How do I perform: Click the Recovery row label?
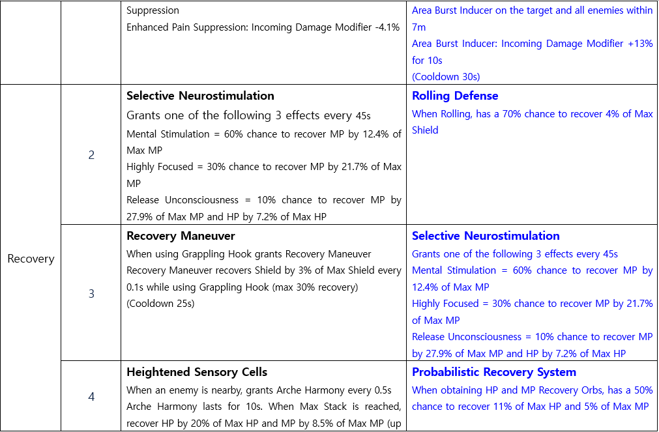[31, 259]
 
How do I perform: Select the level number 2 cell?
[91, 155]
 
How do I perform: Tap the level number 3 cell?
[91, 294]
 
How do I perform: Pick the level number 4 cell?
[91, 396]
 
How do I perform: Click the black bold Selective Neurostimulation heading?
[200, 96]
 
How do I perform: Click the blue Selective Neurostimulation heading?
[486, 236]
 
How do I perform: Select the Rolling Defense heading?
[455, 96]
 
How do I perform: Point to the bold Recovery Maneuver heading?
[181, 236]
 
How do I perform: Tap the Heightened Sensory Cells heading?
[197, 372]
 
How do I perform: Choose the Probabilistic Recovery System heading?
[494, 372]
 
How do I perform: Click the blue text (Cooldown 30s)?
[446, 76]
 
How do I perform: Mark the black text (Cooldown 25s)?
[160, 303]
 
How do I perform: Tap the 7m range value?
[418, 27]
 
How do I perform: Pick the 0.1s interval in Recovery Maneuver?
[136, 287]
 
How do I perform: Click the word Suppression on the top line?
[153, 10]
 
